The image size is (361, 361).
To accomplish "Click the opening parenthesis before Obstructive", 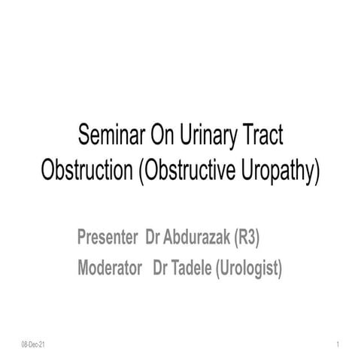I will [141, 170].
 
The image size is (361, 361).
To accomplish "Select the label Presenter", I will [106, 238].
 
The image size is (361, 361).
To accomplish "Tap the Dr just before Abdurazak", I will [151, 238].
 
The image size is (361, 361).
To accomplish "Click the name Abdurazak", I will [196, 238].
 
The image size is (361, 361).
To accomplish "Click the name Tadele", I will [191, 268].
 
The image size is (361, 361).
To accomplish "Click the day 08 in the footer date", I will [26, 344].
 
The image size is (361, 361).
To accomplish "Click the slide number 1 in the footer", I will [339, 344].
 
